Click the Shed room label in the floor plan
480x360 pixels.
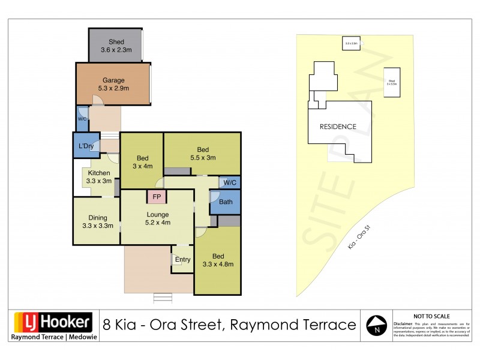(x=116, y=41)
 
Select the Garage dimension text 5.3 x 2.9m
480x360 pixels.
(x=113, y=88)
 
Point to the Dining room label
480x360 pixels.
(x=97, y=218)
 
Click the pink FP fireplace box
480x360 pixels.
(x=157, y=197)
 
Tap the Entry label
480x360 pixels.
(x=183, y=259)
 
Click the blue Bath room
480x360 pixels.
(x=226, y=202)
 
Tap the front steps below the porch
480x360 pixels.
(x=162, y=298)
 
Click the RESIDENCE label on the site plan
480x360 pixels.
(x=337, y=127)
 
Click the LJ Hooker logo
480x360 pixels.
(x=52, y=322)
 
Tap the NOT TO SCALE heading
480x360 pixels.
(x=431, y=316)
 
